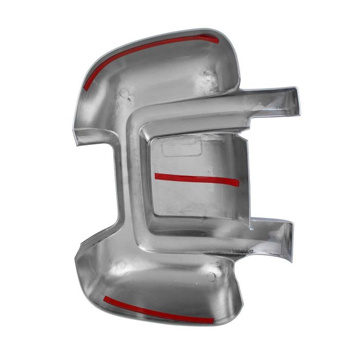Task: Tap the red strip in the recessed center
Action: point(196,178)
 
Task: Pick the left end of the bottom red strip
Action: point(105,298)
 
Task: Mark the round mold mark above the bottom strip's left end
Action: point(121,265)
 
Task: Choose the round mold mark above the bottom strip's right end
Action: point(211,276)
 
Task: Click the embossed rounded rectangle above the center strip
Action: point(181,149)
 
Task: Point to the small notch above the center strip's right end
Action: point(242,138)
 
